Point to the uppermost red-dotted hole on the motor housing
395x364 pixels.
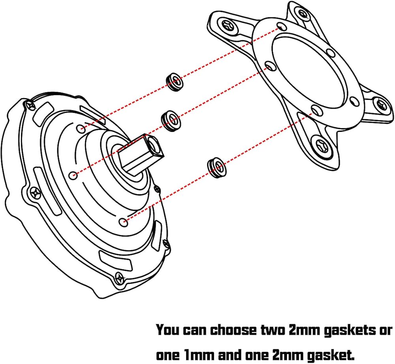(x=81, y=128)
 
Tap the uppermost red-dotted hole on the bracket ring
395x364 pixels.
(x=280, y=27)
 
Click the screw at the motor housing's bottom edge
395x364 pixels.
(x=118, y=277)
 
